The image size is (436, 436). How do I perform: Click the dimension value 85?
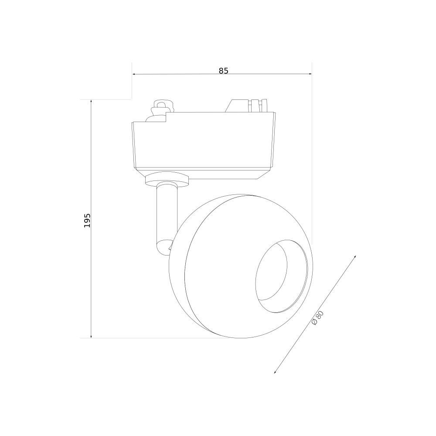223,71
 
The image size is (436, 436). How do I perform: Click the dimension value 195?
87,221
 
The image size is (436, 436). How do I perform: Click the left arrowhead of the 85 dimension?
134,74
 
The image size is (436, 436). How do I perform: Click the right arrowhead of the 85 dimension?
310,74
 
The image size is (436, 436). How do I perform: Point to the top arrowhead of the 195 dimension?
91,102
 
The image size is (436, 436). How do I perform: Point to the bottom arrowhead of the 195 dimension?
91,336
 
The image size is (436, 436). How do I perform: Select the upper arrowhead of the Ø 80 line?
354,257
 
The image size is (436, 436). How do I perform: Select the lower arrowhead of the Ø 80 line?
276,371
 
